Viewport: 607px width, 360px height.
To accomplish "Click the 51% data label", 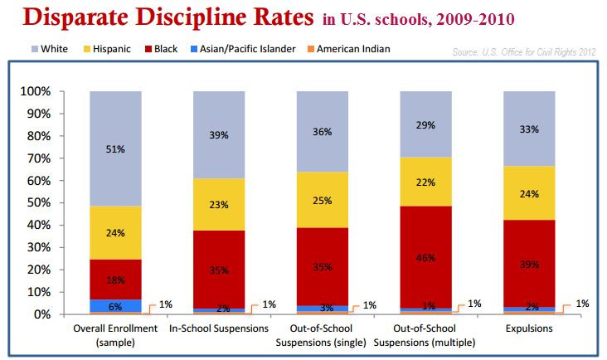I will (x=115, y=149).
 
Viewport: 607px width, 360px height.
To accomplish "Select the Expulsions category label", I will (x=529, y=330).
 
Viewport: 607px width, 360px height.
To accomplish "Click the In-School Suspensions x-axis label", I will (x=218, y=330).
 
